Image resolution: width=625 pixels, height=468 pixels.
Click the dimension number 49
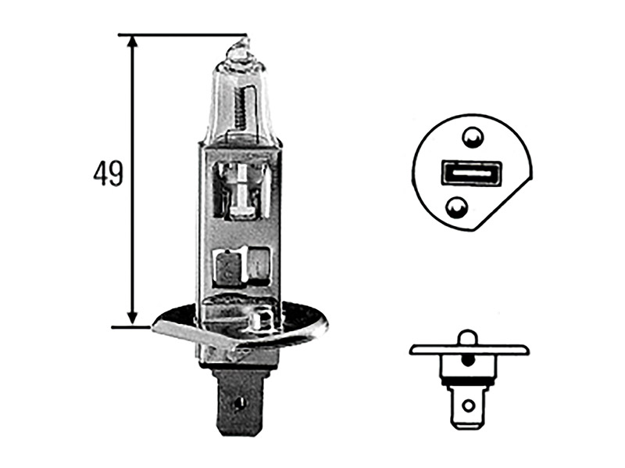[x=108, y=174]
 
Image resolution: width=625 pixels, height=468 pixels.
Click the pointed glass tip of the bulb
[x=238, y=47]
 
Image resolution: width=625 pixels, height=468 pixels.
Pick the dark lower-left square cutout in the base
[x=227, y=267]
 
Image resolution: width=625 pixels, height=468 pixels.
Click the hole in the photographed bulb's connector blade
[x=237, y=406]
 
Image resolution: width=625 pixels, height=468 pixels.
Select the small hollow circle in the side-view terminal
[x=467, y=405]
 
